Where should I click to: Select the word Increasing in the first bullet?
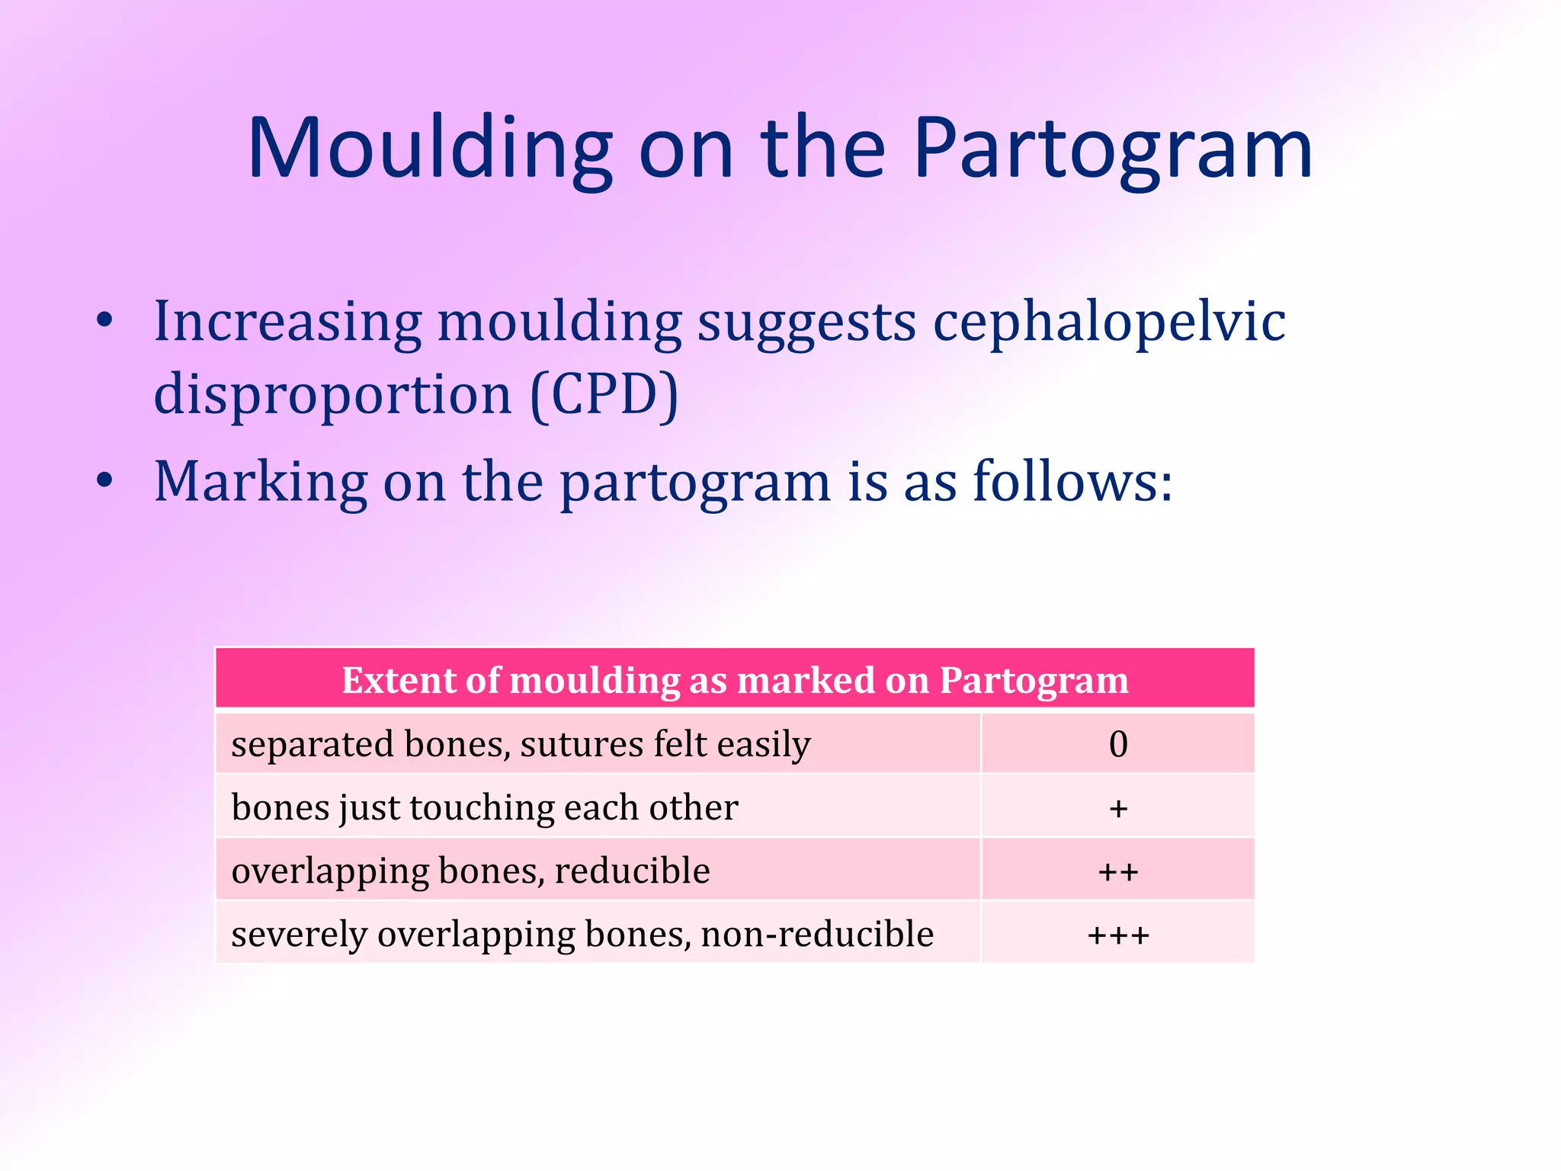pos(287,322)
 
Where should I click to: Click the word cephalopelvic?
pos(1109,322)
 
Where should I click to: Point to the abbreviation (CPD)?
pos(604,395)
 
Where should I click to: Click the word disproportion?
pos(332,395)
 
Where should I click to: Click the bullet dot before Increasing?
pos(105,320)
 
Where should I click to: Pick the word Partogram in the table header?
pos(1034,679)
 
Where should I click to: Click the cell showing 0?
pos(1117,744)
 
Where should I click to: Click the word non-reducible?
pos(817,934)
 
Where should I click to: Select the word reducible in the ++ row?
pos(632,871)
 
